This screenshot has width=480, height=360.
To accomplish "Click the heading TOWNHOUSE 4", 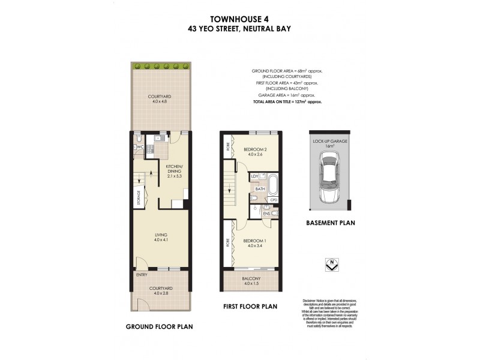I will click(x=239, y=17).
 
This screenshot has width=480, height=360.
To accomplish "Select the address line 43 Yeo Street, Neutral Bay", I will click(x=239, y=28).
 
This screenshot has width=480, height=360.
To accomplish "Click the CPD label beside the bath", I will click(x=274, y=200).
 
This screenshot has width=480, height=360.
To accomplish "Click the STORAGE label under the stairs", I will click(x=139, y=199).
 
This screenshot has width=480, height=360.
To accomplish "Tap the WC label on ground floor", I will click(x=138, y=146).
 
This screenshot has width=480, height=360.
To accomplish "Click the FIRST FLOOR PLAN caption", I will click(x=251, y=306).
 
